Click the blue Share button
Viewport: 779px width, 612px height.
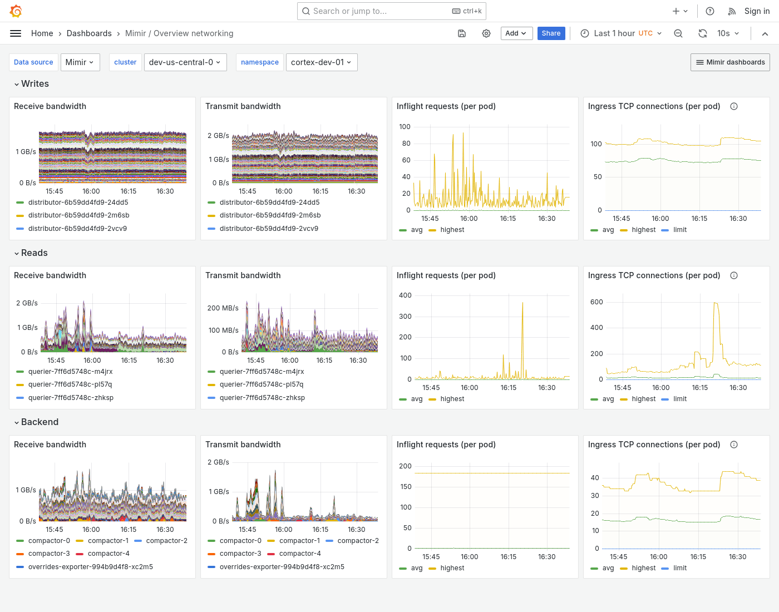(551, 33)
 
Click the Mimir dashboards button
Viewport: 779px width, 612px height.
(730, 62)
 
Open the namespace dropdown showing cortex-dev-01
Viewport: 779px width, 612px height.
(321, 62)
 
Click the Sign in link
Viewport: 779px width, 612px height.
(757, 11)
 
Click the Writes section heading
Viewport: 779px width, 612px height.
(35, 84)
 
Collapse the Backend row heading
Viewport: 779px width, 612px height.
(40, 422)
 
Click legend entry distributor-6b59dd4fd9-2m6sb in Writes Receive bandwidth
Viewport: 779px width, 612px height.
(78, 215)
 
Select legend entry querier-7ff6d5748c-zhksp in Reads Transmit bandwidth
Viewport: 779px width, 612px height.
(262, 398)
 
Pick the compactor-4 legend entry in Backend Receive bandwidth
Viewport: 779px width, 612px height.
(109, 554)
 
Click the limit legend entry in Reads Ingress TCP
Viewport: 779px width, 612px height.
(680, 399)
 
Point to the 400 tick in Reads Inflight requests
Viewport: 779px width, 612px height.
(405, 295)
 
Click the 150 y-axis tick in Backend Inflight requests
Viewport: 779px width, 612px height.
(406, 487)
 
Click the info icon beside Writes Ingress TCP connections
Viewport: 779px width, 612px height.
(734, 106)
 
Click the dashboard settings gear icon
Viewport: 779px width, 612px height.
(486, 33)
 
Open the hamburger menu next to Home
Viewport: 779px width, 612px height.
(16, 33)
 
